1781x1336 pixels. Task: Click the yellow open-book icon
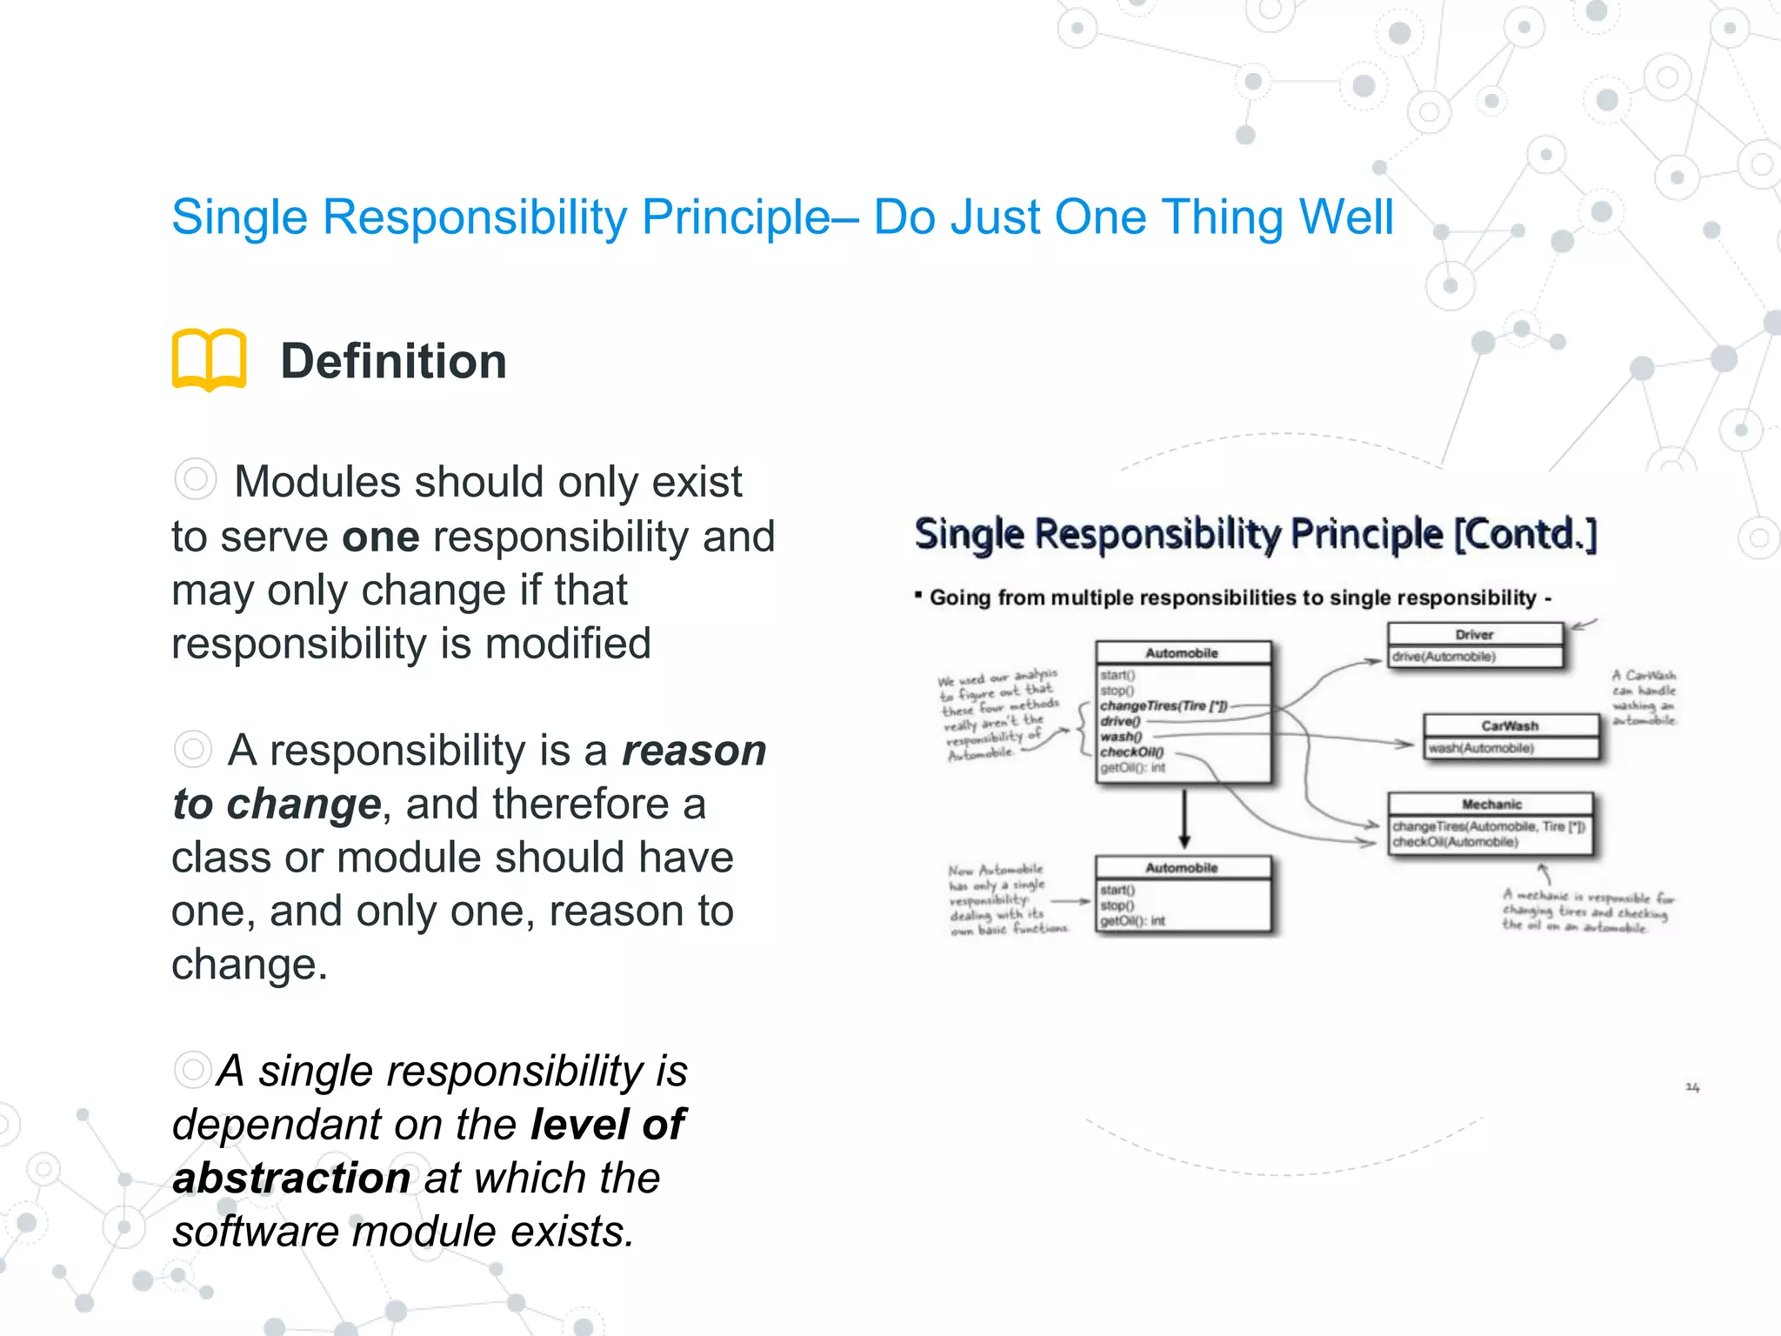pyautogui.click(x=210, y=359)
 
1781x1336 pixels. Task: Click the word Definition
pyautogui.click(x=393, y=361)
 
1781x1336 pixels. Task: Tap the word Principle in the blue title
pyautogui.click(x=736, y=217)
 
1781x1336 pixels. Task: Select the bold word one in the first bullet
pyautogui.click(x=380, y=537)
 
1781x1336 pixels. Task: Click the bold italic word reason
pyautogui.click(x=694, y=751)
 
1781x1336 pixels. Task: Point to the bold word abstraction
pyautogui.click(x=291, y=1179)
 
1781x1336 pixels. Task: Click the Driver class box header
pyautogui.click(x=1474, y=635)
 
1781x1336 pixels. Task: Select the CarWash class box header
pyautogui.click(x=1510, y=726)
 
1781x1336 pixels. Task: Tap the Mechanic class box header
pyautogui.click(x=1491, y=805)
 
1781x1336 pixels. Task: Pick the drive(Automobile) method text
pyautogui.click(x=1444, y=657)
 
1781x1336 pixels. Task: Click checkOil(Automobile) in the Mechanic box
pyautogui.click(x=1455, y=842)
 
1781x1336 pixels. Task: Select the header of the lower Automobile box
pyautogui.click(x=1181, y=868)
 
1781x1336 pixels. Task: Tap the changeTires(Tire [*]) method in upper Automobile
pyautogui.click(x=1164, y=706)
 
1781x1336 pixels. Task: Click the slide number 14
pyautogui.click(x=1692, y=1087)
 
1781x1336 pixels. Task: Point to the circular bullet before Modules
pyautogui.click(x=195, y=479)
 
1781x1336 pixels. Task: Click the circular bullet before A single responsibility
pyautogui.click(x=193, y=1070)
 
